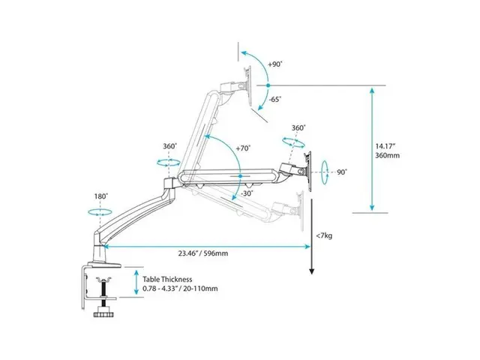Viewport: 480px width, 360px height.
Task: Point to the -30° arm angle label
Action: pos(247,193)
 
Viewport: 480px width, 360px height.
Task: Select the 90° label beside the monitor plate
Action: pos(341,172)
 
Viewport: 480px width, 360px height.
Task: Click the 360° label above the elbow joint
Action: pos(169,146)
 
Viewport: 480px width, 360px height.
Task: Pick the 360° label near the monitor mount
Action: pos(298,128)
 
